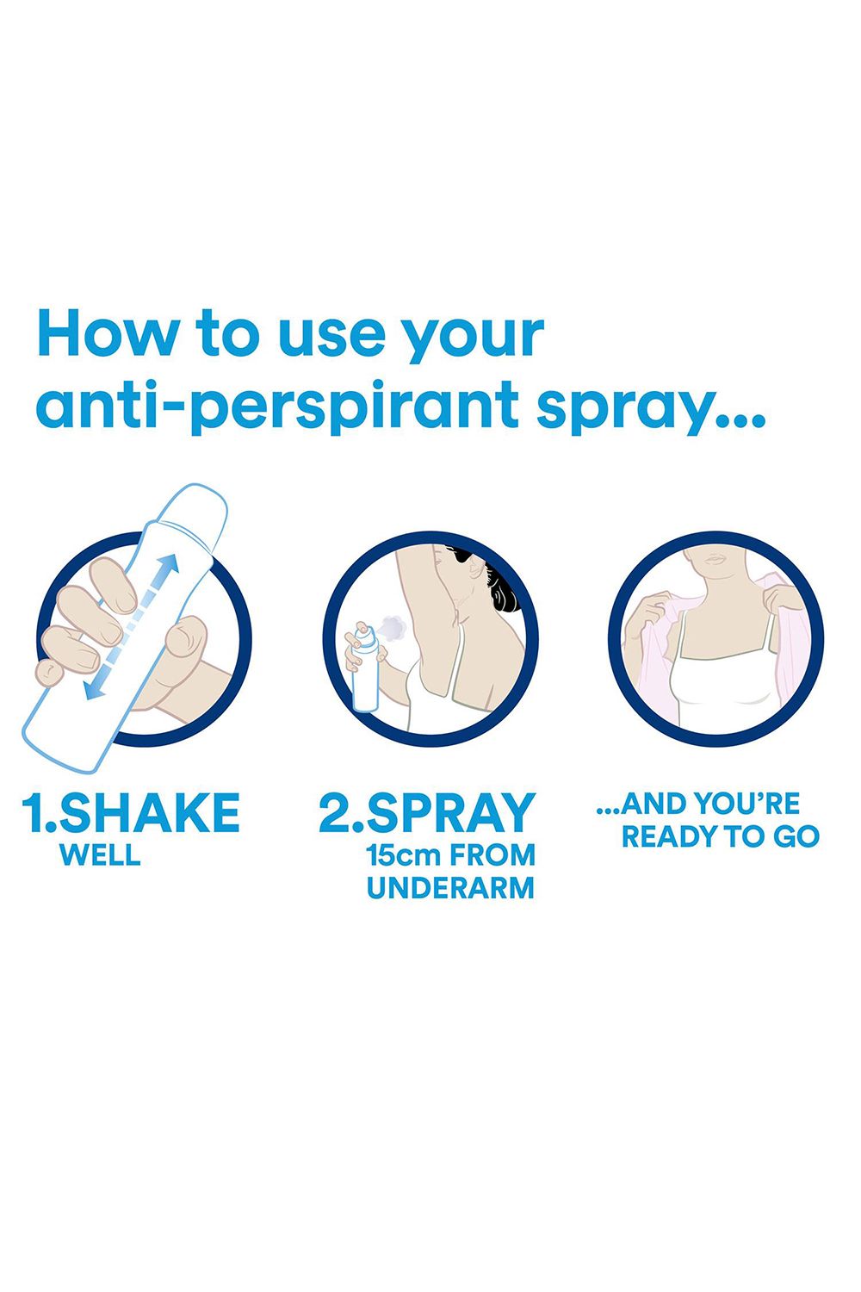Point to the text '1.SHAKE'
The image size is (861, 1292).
pos(130,812)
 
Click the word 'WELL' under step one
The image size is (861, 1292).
pos(100,854)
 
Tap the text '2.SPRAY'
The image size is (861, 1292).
pos(427,812)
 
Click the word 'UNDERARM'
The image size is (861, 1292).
pos(450,888)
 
